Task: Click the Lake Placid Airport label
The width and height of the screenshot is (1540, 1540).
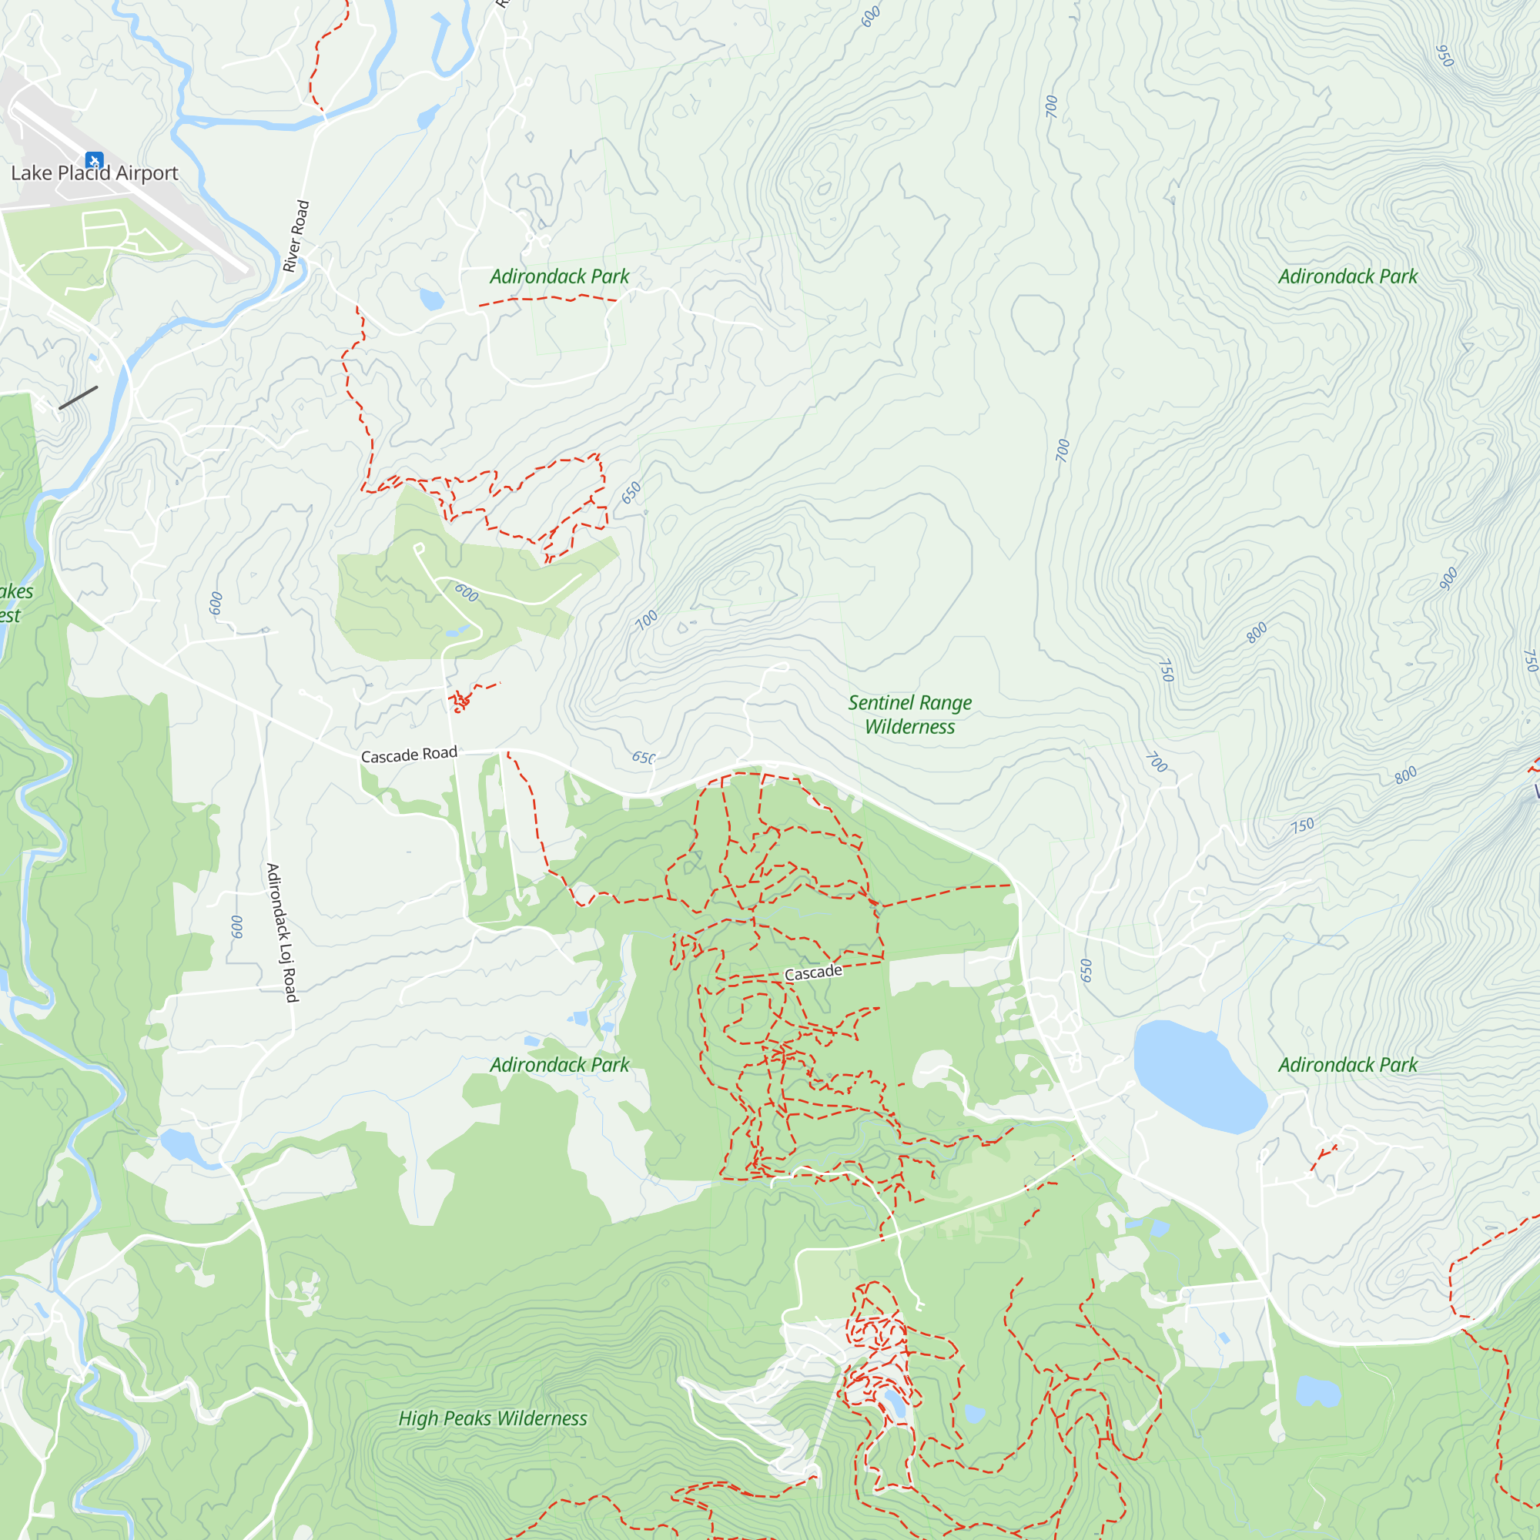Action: [x=94, y=173]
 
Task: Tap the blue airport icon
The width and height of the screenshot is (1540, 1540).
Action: [x=94, y=161]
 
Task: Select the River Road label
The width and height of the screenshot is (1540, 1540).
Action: [x=296, y=236]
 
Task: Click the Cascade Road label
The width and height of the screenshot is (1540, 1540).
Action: [x=409, y=754]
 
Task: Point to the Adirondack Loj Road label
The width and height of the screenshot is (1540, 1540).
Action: [x=281, y=932]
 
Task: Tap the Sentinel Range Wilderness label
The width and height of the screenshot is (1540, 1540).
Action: [x=909, y=715]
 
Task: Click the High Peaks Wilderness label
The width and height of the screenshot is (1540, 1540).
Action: [x=493, y=1418]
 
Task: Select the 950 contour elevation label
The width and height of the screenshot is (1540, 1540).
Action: [x=1445, y=55]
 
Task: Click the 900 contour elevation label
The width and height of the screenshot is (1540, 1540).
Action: [x=1448, y=579]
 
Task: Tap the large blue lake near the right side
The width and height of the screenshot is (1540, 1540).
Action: [x=1196, y=1076]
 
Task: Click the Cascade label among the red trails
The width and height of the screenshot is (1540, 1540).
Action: [x=813, y=973]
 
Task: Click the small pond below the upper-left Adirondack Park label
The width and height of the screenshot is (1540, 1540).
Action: [x=431, y=300]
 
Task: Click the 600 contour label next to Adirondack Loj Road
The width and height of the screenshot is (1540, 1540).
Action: [x=236, y=926]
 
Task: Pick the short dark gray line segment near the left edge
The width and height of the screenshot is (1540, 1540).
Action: [x=78, y=398]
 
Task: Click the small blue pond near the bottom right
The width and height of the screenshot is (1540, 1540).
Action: [x=1317, y=1391]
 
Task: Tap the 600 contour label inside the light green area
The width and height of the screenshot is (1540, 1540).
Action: [x=467, y=592]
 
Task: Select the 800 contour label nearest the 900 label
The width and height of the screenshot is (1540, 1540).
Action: [x=1257, y=633]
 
